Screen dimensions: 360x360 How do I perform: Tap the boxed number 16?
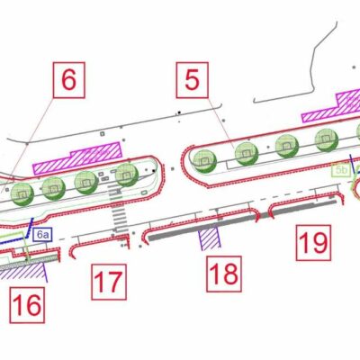tap(27, 305)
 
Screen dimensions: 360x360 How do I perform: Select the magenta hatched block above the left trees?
tap(77, 157)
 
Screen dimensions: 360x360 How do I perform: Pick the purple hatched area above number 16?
tap(27, 269)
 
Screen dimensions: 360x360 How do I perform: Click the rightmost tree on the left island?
tap(125, 175)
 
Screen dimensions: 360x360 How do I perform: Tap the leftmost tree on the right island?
tap(205, 159)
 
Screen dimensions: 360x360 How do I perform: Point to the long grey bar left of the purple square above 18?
tap(175, 229)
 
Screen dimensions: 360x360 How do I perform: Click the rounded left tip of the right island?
tap(185, 162)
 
